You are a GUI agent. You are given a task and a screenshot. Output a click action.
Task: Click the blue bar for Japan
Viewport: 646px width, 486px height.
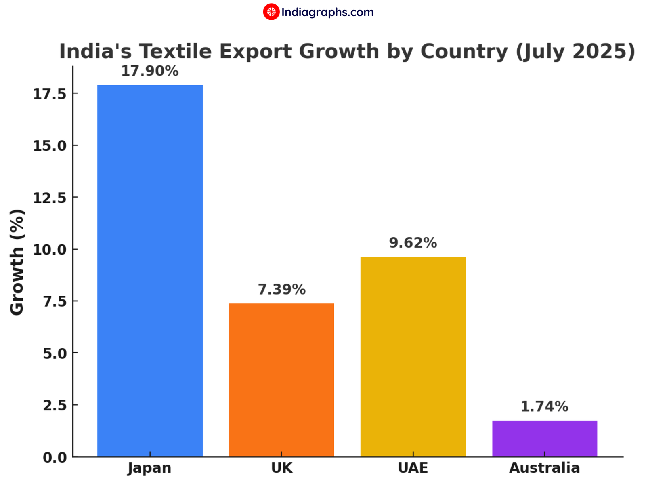click(150, 271)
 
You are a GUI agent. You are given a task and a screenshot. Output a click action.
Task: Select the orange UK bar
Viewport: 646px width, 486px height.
click(281, 380)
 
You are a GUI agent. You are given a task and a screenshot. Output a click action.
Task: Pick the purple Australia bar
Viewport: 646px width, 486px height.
click(545, 438)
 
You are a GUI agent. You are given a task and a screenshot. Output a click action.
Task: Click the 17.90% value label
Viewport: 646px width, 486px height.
click(150, 71)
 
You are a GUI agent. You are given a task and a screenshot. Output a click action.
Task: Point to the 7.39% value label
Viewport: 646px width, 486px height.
click(281, 289)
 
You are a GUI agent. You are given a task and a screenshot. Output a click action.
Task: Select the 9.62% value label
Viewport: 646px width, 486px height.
click(413, 243)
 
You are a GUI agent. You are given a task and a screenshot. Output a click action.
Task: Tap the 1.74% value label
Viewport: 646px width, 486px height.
click(544, 406)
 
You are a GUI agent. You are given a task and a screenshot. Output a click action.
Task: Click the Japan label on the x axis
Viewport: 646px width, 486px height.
click(150, 468)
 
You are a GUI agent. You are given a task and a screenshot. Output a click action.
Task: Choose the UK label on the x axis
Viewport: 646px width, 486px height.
click(281, 468)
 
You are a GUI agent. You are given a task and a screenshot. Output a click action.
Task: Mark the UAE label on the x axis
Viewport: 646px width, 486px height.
click(413, 468)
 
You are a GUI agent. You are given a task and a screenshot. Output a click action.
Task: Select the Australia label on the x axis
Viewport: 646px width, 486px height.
click(544, 468)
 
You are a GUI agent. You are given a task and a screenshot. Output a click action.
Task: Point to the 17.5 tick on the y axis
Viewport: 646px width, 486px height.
click(50, 94)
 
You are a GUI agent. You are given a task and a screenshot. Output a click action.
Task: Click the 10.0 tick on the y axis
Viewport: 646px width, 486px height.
click(50, 250)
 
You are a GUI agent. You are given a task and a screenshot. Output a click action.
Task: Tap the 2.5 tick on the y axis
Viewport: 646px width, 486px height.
click(55, 405)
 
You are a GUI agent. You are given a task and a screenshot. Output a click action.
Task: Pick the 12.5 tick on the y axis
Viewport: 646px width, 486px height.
click(50, 198)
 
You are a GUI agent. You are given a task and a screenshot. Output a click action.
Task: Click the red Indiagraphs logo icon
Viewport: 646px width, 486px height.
click(271, 12)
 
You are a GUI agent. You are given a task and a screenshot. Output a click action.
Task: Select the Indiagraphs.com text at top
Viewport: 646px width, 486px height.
click(327, 12)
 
